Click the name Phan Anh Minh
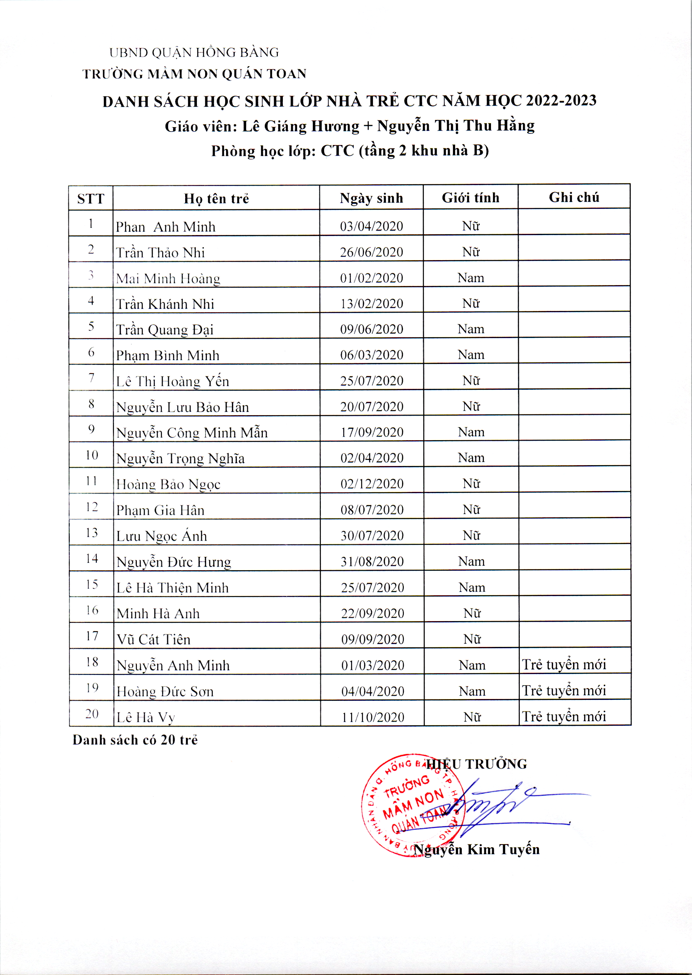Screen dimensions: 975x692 point(165,227)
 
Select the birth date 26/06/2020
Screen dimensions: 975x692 point(371,252)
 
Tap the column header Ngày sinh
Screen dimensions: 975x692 point(371,198)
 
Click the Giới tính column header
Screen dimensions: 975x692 point(471,198)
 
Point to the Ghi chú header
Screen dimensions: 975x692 point(574,197)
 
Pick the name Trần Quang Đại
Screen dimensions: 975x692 point(164,330)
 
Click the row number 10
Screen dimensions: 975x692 point(92,455)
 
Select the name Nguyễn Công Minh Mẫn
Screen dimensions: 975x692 point(192,433)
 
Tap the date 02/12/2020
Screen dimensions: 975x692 point(372,484)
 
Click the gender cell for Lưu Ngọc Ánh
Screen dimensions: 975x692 point(471,536)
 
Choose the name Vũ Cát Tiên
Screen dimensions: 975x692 point(153,639)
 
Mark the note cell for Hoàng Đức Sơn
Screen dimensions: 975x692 point(564,691)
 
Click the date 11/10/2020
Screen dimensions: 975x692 point(372,717)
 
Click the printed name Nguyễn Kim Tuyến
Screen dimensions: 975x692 point(476,850)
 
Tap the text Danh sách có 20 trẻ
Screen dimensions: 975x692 point(135,740)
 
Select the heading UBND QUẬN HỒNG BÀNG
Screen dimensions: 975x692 point(194,53)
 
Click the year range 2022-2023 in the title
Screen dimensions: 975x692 point(561,100)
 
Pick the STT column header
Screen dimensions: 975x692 point(91,199)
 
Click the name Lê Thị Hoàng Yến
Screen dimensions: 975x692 point(173,381)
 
